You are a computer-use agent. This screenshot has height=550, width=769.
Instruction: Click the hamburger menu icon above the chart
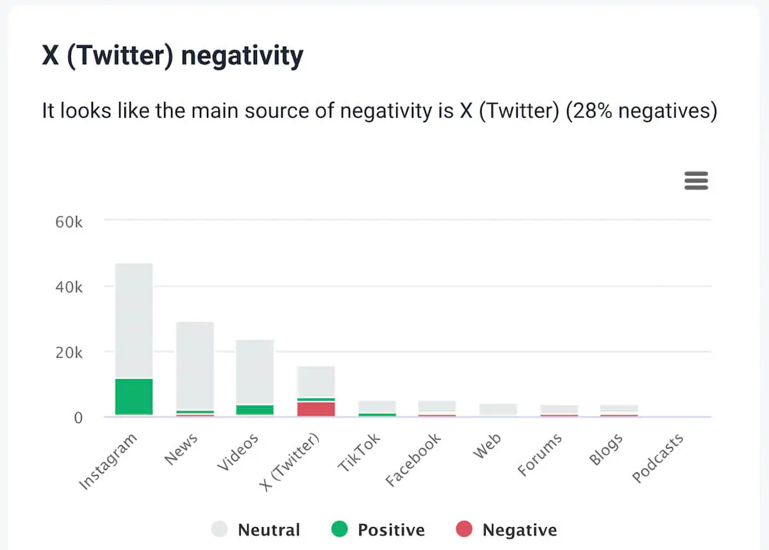coord(696,181)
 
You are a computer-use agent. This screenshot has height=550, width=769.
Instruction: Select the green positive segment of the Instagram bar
coord(134,397)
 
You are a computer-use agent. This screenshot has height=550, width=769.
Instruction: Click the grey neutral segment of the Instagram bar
coord(134,320)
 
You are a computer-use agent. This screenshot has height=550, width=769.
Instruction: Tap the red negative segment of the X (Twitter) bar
coord(316,409)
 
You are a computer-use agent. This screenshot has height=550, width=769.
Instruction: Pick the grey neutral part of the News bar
coord(195,365)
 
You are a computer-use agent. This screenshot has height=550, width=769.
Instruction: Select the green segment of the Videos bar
coord(255,410)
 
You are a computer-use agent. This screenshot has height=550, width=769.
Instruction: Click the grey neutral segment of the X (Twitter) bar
coord(316,382)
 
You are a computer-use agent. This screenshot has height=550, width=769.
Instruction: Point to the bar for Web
coord(498,410)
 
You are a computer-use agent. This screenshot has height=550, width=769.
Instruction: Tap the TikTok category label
coord(359,453)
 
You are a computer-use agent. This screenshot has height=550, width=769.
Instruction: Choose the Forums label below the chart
coord(540,455)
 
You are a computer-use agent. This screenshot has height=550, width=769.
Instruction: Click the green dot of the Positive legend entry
coord(340,530)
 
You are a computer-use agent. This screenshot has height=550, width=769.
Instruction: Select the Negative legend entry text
coord(519,530)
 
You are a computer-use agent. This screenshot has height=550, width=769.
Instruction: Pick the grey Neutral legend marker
coord(219,530)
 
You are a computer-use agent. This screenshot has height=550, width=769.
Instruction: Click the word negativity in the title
coord(242,56)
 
